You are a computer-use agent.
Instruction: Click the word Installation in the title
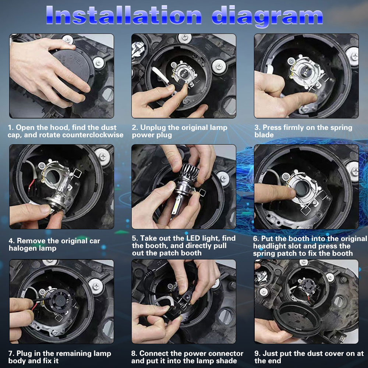(124, 15)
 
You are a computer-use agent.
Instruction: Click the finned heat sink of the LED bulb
(189, 173)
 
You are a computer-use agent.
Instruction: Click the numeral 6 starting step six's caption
(256, 239)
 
